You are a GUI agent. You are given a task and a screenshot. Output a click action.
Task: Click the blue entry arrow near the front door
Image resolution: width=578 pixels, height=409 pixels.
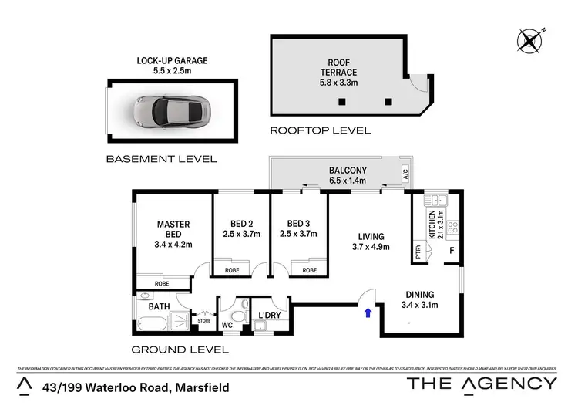[367, 312]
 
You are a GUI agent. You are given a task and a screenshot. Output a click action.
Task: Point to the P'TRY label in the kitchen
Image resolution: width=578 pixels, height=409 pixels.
[418, 249]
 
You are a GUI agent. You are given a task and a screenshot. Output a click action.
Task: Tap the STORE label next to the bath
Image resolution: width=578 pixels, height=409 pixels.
[204, 320]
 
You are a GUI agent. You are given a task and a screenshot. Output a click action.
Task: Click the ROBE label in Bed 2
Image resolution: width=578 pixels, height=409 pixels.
[231, 271]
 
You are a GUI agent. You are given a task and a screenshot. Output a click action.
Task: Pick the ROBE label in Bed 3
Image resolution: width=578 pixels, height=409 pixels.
[309, 271]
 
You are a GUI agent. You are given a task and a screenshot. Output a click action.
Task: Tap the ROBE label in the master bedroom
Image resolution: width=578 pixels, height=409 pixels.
[161, 284]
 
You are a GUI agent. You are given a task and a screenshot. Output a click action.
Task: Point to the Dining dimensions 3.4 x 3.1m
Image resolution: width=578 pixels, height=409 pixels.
[420, 305]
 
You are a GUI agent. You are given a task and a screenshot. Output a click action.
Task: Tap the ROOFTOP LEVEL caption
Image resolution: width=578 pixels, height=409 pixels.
[320, 130]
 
